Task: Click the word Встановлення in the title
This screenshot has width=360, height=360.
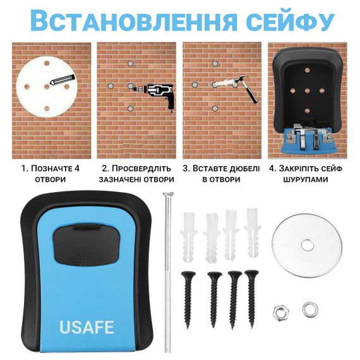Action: click(133, 21)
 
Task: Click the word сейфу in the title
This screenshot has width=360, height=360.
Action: click(290, 21)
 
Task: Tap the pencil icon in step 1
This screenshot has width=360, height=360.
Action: click(63, 80)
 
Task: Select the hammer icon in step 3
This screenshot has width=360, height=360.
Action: click(246, 89)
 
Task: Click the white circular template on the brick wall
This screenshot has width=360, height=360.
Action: click(47, 87)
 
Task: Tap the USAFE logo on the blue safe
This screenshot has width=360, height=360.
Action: click(87, 327)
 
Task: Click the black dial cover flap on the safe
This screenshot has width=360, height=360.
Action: click(87, 244)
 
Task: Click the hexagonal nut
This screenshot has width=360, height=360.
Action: click(281, 313)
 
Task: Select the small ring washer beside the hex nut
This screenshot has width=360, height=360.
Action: click(310, 309)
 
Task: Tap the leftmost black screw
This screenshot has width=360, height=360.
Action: click(188, 300)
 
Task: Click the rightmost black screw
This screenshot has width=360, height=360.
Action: click(251, 299)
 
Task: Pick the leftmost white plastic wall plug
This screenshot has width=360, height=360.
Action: click(189, 237)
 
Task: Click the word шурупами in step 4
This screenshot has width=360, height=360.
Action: click(306, 179)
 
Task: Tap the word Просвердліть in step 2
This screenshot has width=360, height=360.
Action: click(141, 169)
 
